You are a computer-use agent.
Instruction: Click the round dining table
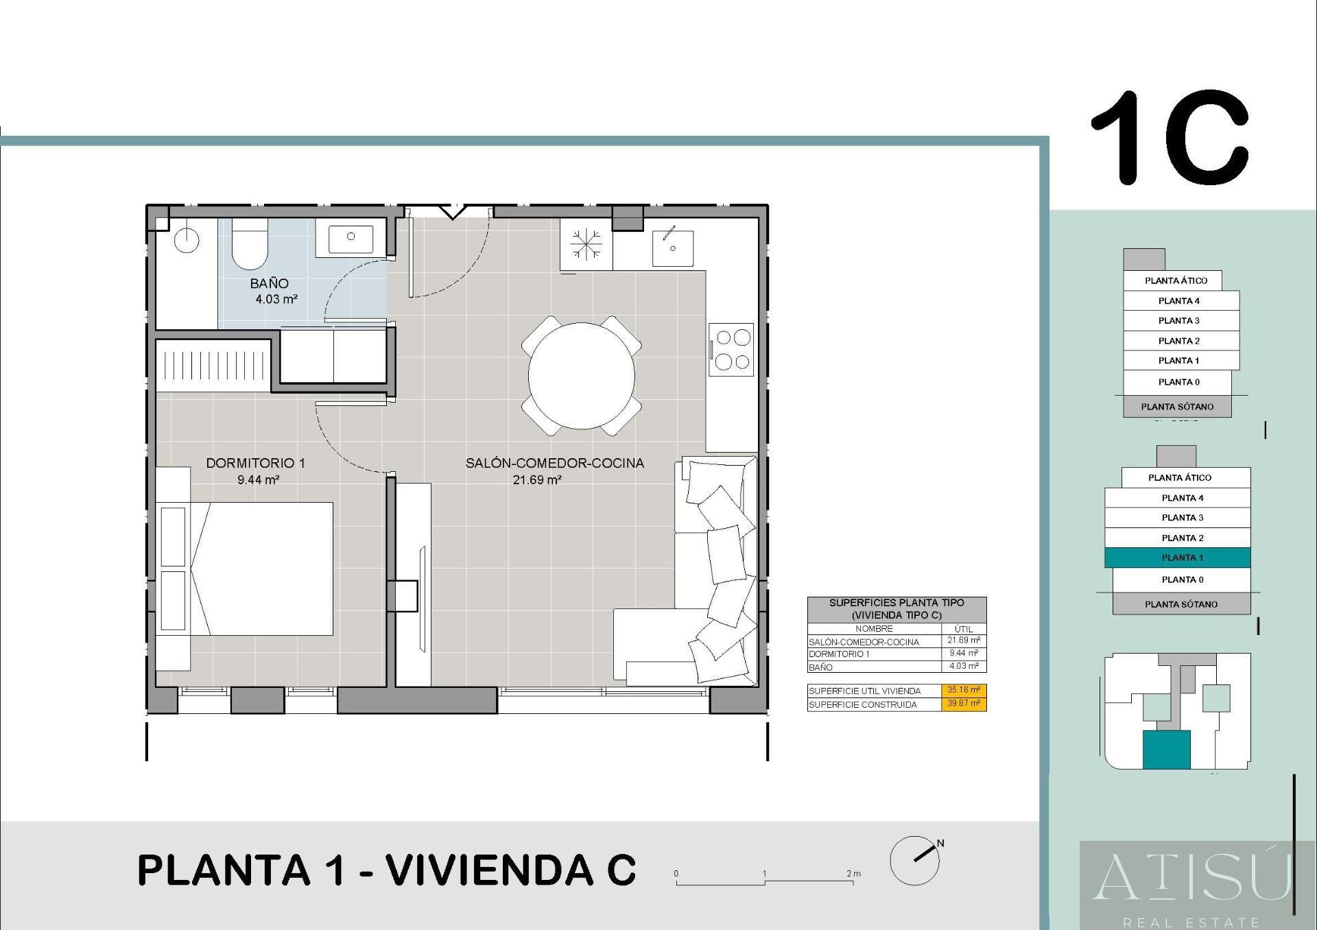pos(581,376)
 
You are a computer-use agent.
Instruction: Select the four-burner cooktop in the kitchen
pos(731,349)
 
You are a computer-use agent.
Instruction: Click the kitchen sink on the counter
pos(672,248)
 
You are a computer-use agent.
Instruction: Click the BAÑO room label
pos(269,283)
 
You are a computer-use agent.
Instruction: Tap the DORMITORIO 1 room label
pos(255,463)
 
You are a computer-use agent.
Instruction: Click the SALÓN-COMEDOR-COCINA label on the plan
pos(555,463)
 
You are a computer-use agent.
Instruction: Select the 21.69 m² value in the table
pos(964,641)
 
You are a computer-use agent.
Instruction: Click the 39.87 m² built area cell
pos(964,704)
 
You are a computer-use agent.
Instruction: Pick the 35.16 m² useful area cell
pos(964,690)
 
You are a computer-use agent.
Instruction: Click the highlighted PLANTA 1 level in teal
pos(1178,558)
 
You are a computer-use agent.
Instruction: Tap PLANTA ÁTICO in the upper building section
pos(1176,281)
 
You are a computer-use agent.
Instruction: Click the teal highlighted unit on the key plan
pos(1166,750)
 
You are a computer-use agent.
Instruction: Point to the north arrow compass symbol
pos(916,859)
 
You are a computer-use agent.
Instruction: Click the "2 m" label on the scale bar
pos(854,874)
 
